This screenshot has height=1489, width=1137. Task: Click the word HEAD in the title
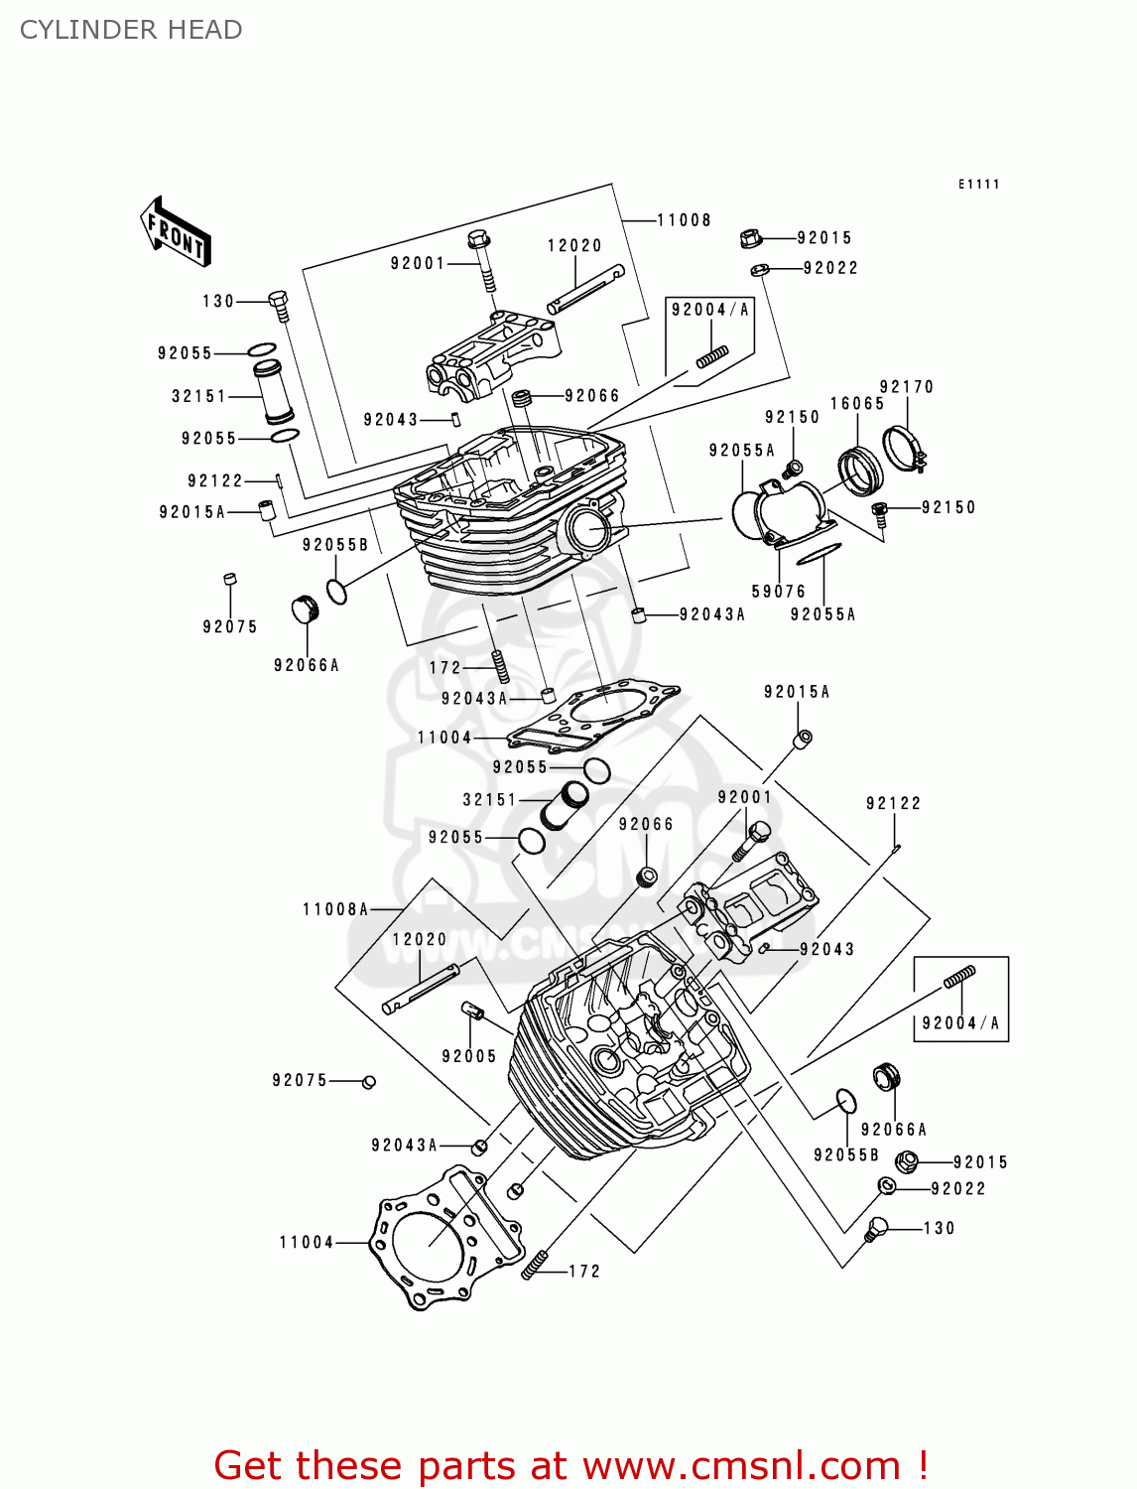204,30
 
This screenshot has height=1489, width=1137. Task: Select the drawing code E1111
978,185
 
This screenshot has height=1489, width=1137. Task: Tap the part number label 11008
684,220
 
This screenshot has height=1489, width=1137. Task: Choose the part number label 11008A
335,909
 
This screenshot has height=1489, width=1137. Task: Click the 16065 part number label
857,404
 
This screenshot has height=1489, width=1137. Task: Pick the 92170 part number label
907,387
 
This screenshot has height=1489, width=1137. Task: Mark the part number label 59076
779,592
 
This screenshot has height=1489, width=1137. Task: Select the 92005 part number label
469,1056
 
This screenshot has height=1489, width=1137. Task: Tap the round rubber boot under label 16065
859,471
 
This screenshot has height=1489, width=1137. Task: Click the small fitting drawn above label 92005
473,1012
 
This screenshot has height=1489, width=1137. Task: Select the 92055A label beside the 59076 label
822,614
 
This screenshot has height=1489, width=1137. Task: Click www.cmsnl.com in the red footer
741,1466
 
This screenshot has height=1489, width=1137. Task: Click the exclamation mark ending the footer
923,1466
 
